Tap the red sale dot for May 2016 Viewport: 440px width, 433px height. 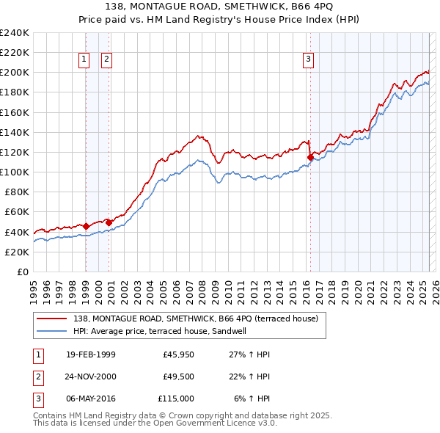pos(310,157)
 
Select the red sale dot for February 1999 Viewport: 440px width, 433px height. pos(86,226)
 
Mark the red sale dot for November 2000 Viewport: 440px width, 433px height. pos(109,222)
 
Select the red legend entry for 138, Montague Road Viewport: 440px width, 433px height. pos(195,319)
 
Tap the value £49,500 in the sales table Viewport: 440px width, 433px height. pos(177,376)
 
